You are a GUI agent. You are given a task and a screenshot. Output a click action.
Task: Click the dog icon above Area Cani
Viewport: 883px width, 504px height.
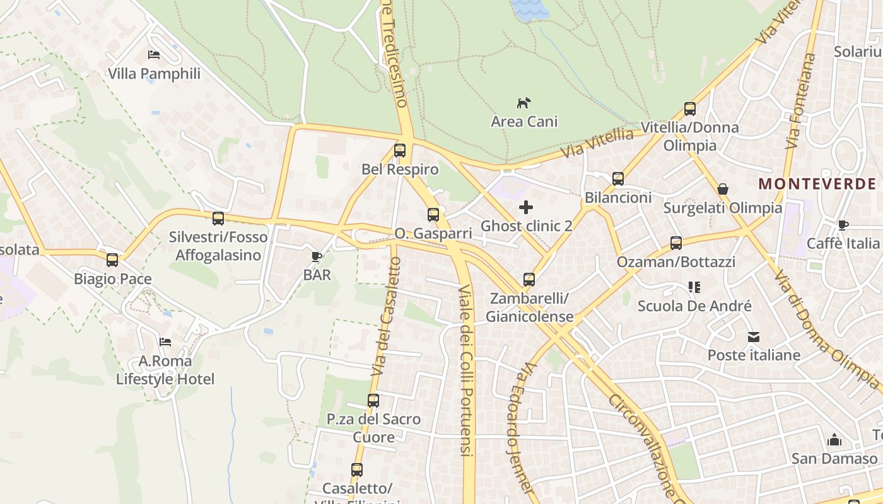tap(524, 103)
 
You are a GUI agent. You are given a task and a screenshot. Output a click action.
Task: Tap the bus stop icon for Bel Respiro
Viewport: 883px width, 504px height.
tap(399, 151)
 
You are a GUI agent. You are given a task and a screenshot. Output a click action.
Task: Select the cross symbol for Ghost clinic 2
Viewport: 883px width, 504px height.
tap(525, 207)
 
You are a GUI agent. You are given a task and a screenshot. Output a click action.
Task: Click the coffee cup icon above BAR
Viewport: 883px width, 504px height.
tap(317, 256)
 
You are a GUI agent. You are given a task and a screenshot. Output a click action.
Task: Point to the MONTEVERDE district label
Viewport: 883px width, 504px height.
tap(817, 184)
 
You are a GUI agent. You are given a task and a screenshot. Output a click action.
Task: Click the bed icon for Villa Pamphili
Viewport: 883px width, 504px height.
tap(154, 55)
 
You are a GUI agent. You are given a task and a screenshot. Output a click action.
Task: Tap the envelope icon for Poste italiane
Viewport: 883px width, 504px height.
tap(754, 336)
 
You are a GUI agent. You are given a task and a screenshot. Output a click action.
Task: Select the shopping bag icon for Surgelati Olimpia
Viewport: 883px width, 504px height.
tap(723, 189)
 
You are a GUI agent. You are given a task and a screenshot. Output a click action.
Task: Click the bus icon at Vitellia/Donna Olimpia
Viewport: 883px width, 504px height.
tap(689, 108)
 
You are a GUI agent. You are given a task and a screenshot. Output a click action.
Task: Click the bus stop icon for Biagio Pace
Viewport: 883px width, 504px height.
tap(112, 260)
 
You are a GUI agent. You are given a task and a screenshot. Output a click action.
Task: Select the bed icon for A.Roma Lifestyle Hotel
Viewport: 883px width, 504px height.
tap(165, 342)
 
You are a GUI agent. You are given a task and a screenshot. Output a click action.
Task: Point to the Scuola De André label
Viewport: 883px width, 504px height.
tap(694, 306)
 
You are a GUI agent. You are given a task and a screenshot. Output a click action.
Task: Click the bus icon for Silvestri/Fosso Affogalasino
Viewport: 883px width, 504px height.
tap(218, 219)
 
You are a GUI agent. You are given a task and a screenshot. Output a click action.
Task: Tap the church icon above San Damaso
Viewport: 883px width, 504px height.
tap(834, 439)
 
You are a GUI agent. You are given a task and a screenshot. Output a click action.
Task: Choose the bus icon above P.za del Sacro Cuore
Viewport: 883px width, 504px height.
tap(373, 400)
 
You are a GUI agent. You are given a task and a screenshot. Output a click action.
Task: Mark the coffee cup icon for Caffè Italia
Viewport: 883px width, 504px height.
tap(843, 225)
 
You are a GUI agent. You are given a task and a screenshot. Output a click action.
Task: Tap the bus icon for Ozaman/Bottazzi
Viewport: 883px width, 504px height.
tap(676, 243)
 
